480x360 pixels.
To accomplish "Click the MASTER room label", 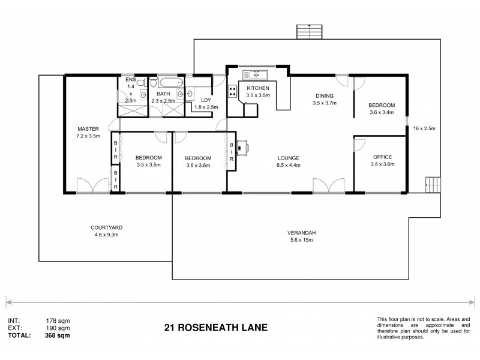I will point(88,128).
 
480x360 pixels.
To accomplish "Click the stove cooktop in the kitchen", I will point(232,92).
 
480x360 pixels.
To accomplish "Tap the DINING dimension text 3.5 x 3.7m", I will point(325,103).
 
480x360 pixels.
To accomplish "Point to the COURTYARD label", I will point(107,227).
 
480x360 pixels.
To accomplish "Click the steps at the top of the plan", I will point(310,32).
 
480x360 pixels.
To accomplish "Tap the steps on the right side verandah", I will point(432,184).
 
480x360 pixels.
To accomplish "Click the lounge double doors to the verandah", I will point(328,187).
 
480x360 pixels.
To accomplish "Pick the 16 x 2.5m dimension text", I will point(424,128).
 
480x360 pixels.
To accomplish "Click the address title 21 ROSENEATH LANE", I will point(215,328).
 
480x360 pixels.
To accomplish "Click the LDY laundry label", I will point(205,100).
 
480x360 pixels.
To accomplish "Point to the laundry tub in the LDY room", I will point(190,93).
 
